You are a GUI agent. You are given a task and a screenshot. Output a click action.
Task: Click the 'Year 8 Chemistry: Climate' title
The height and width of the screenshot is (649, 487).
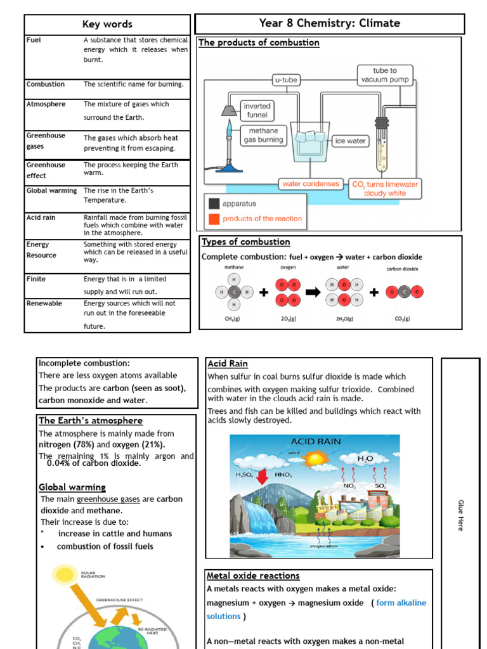(329, 23)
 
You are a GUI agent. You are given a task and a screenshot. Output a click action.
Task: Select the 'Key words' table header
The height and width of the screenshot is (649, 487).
(107, 24)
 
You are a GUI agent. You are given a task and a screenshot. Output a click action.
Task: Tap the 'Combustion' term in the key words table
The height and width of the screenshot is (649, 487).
(46, 84)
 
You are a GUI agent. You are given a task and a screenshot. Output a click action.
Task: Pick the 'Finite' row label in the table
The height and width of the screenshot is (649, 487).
(36, 279)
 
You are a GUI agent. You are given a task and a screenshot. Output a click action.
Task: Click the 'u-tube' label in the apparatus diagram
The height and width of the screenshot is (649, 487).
(285, 80)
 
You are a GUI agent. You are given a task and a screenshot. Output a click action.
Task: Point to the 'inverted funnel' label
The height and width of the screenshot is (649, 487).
(257, 110)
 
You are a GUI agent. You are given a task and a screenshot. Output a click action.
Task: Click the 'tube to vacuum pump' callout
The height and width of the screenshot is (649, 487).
(385, 75)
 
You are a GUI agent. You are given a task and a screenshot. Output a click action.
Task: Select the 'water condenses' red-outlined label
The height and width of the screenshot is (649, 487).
(311, 184)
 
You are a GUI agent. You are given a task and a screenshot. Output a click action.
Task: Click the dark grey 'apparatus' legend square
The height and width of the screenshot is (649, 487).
(214, 204)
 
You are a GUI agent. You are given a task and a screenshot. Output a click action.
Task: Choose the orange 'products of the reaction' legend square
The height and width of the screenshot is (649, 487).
(214, 219)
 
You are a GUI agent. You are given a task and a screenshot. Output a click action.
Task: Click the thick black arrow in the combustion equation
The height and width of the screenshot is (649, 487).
(313, 292)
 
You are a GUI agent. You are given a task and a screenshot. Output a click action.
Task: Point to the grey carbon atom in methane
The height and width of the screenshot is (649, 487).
(234, 292)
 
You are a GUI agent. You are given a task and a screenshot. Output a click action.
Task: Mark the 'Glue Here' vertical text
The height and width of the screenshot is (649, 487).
(461, 515)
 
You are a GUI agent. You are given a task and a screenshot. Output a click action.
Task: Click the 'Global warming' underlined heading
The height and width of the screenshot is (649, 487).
(72, 487)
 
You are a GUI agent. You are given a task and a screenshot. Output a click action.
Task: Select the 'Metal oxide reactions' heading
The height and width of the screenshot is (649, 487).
(253, 575)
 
